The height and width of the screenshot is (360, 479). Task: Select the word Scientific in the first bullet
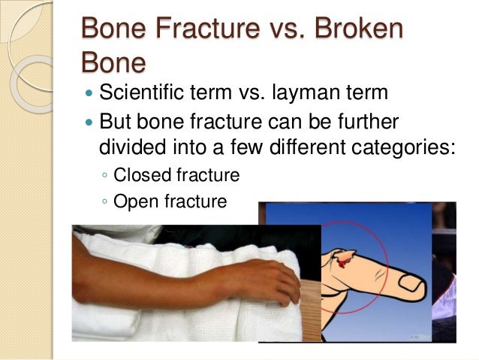click(142, 95)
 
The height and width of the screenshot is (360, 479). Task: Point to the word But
click(116, 121)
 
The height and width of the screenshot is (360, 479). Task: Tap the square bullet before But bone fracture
click(89, 122)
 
